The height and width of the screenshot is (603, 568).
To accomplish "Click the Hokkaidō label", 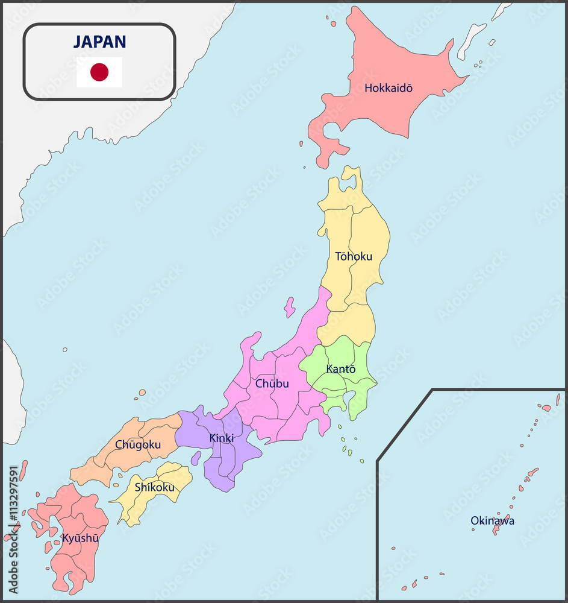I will tap(389, 88).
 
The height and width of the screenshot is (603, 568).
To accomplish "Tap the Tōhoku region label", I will tap(354, 256).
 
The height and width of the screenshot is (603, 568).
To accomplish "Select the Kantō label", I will tap(341, 368).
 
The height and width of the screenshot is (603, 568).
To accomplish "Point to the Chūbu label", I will tap(272, 384).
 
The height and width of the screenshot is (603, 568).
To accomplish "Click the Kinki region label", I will tap(222, 438).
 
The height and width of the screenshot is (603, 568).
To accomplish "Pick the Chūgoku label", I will tap(138, 444).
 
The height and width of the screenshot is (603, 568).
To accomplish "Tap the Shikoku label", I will tap(155, 487).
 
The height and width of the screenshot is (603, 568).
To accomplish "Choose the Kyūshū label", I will tap(80, 537).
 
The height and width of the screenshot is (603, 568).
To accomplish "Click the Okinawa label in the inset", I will tap(492, 520).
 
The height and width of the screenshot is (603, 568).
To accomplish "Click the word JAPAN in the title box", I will tap(99, 42).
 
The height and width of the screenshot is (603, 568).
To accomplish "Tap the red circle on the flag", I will tap(99, 72).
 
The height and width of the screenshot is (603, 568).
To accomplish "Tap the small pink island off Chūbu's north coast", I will tap(290, 307).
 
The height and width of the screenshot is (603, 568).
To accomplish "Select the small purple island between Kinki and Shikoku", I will tap(196, 458).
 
